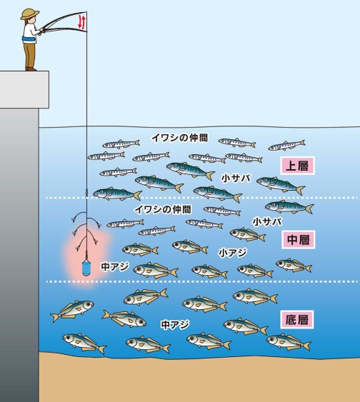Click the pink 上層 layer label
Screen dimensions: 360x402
click(297, 166)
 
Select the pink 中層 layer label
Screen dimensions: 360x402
click(298, 239)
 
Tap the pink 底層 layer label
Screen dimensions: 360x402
click(297, 319)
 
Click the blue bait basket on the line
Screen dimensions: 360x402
click(86, 268)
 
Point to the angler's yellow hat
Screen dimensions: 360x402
click(30, 14)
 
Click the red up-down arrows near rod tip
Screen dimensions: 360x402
click(81, 21)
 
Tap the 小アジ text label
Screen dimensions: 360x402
click(233, 253)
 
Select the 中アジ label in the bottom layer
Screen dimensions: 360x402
click(175, 325)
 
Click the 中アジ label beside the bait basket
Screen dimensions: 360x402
click(114, 266)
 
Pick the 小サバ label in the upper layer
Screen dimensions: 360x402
click(236, 178)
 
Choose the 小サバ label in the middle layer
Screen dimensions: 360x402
click(267, 221)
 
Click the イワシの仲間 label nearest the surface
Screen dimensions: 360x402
click(180, 138)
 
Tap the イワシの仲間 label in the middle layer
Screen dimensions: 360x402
click(163, 209)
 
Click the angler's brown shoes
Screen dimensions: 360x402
click(31, 69)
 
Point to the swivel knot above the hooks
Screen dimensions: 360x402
click(86, 192)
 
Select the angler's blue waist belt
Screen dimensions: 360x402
click(29, 40)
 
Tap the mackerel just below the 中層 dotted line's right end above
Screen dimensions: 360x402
click(289, 206)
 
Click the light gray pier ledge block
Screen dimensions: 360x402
click(24, 89)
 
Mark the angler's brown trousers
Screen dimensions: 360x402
click(30, 55)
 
